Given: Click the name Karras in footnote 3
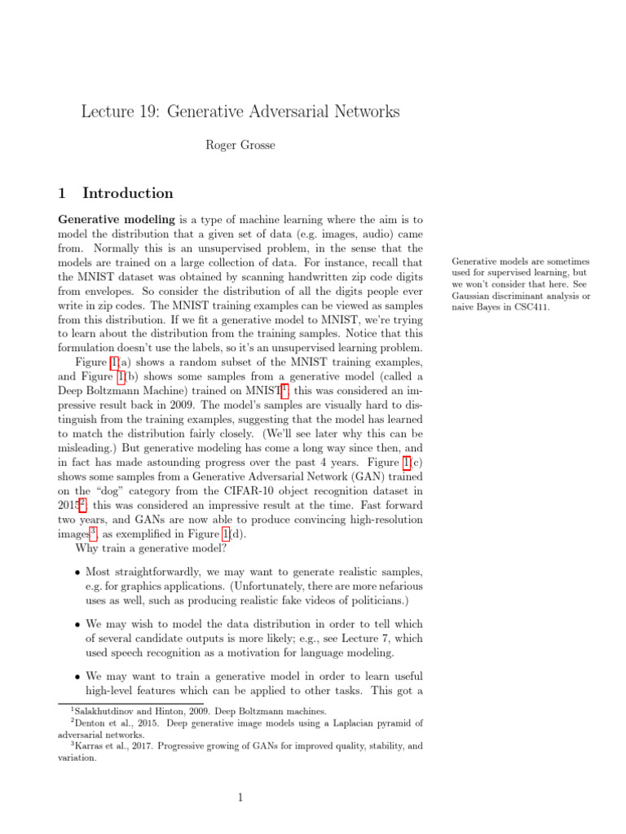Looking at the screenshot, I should click(90, 745).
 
